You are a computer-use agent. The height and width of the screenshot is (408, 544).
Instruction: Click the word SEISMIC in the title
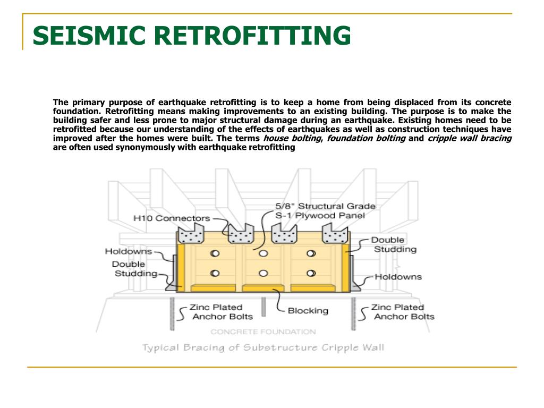click(x=89, y=36)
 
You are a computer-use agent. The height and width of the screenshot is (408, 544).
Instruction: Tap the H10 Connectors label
click(x=172, y=218)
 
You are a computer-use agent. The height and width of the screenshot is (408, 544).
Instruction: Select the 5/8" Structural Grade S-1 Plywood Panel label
click(x=326, y=210)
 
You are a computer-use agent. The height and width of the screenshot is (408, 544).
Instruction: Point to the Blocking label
click(x=308, y=310)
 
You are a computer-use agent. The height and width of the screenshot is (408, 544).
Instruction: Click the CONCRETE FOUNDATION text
click(x=263, y=331)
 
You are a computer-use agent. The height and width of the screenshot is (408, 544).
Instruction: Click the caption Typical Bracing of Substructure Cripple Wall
click(x=263, y=347)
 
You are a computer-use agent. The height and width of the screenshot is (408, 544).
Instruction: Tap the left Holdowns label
click(x=129, y=251)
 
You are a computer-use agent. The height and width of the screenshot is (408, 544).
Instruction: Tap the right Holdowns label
click(x=398, y=277)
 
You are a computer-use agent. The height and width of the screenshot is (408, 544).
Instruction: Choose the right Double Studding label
click(x=395, y=244)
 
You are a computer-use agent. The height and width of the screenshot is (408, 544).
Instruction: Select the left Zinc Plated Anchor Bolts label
click(x=220, y=312)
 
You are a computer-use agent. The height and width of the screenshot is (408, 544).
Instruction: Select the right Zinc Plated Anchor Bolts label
click(x=403, y=312)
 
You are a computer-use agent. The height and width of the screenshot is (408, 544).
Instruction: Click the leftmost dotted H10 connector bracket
click(x=191, y=234)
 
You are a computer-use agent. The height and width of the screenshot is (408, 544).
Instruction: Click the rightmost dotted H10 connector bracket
click(x=335, y=234)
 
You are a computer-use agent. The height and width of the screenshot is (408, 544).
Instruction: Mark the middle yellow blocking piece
click(x=263, y=288)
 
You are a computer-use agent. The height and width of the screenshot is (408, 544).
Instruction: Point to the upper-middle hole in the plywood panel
click(x=263, y=253)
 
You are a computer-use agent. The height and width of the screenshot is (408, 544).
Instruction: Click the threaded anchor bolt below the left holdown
click(x=172, y=314)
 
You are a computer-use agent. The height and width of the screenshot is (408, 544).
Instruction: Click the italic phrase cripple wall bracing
click(x=470, y=138)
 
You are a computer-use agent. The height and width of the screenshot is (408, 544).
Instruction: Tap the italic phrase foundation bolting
click(x=367, y=138)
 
